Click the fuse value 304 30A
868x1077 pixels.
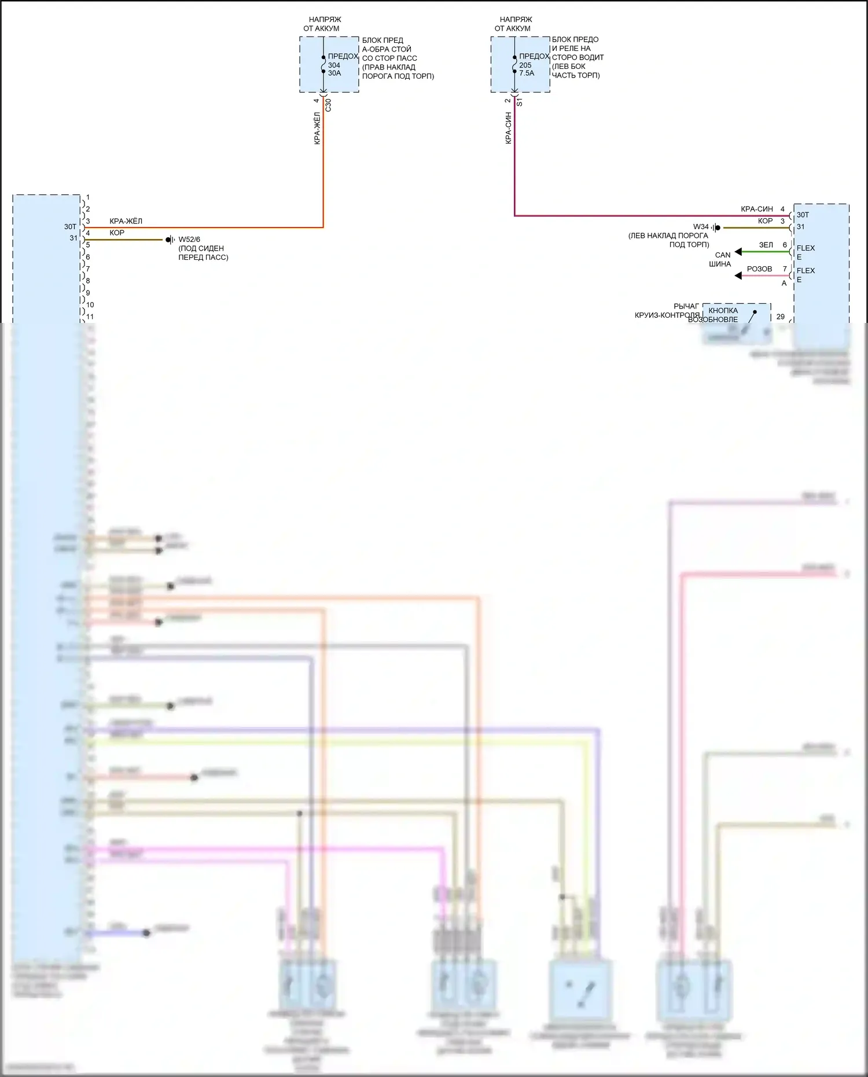334,69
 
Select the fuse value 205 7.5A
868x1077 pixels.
526,69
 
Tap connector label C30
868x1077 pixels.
328,105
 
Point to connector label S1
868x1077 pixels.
519,102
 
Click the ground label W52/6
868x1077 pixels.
189,240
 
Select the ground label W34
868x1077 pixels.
701,227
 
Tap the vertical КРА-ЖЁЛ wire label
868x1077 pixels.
317,128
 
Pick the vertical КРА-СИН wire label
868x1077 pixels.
508,128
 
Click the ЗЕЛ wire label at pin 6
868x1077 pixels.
766,245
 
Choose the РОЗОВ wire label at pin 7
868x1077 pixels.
759,269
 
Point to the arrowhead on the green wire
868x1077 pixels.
738,252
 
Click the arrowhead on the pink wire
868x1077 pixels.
738,276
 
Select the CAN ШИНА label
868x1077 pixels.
721,259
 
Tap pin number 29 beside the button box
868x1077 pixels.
781,317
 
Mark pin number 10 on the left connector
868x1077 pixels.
90,305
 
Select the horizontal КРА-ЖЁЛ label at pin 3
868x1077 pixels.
126,221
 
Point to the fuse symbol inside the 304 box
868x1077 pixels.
323,65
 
